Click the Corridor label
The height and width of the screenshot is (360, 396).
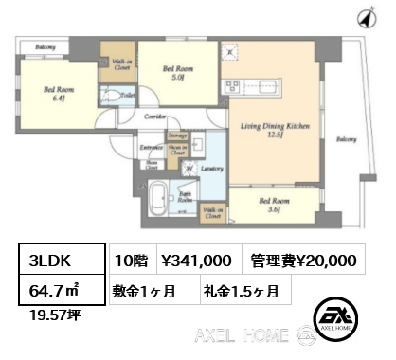(x=155, y=117)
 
